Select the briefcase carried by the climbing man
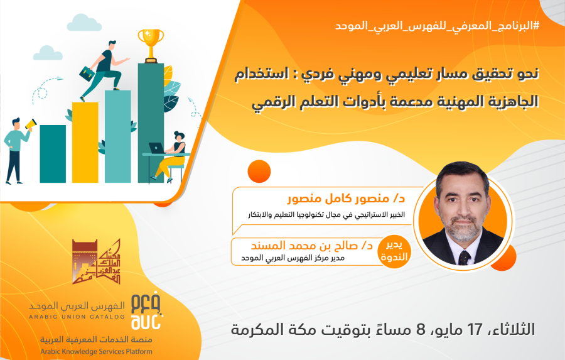coord(87,74)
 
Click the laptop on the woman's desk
coord(156,148)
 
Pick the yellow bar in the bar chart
coord(85,143)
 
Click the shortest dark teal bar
coord(53,154)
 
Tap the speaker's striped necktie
coord(464,258)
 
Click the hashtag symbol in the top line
coord(536,26)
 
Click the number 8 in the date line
coord(421,329)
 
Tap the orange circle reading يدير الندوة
coord(394,251)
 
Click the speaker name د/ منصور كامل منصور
coord(347,199)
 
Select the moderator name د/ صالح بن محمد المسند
coord(311,245)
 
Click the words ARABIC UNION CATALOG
coord(77,317)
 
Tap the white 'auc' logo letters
coord(146,322)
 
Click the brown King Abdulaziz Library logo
coord(96,261)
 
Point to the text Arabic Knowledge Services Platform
coord(96,351)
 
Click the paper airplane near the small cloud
coord(57,79)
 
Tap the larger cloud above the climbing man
coord(84,23)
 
